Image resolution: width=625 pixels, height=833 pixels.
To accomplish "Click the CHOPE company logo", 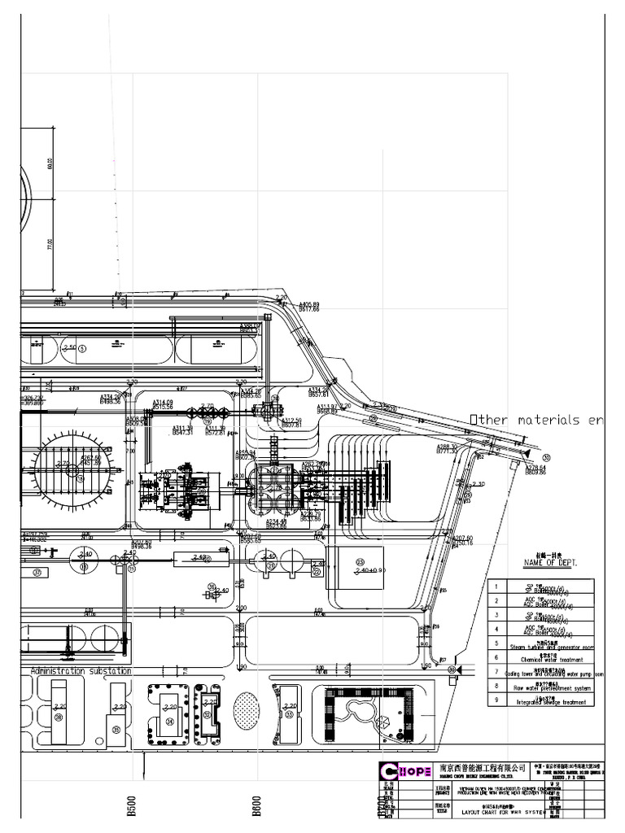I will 405,772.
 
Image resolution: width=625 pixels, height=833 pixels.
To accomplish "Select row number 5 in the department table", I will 495,643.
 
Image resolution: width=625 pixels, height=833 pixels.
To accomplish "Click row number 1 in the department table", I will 495,586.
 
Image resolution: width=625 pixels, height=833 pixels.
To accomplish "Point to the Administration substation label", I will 80,671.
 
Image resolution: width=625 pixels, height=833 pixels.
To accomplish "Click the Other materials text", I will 537,420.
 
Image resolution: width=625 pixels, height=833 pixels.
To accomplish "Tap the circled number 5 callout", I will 82,348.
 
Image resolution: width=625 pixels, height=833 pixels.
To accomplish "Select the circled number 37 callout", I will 37,572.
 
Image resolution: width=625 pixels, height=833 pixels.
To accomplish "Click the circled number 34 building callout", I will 170,721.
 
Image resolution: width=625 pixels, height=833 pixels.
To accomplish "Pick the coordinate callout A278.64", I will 535,469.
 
